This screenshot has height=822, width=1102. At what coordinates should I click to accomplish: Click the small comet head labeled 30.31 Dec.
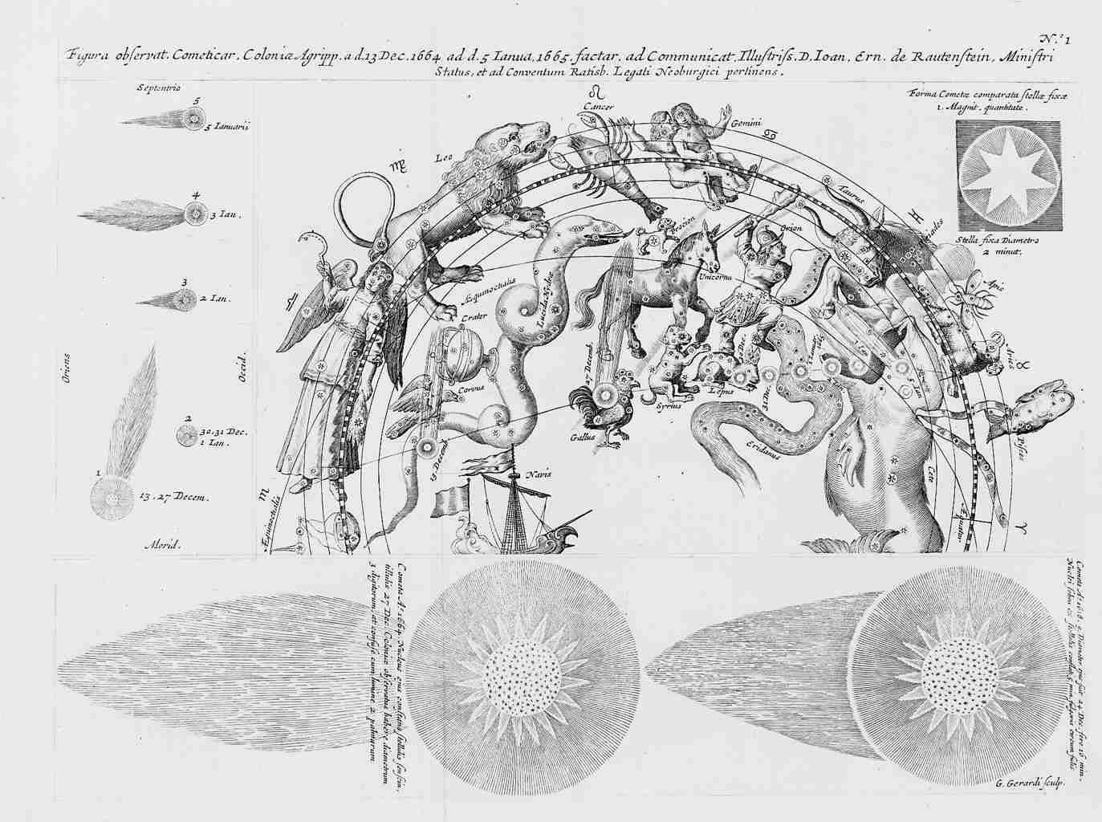point(187,437)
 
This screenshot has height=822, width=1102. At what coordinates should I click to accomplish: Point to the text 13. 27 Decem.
point(174,498)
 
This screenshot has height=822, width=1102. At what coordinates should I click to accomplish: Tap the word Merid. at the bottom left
point(162,544)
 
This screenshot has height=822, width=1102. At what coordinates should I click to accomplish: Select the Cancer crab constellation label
point(599,106)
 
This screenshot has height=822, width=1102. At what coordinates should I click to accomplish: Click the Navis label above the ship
point(538,474)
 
